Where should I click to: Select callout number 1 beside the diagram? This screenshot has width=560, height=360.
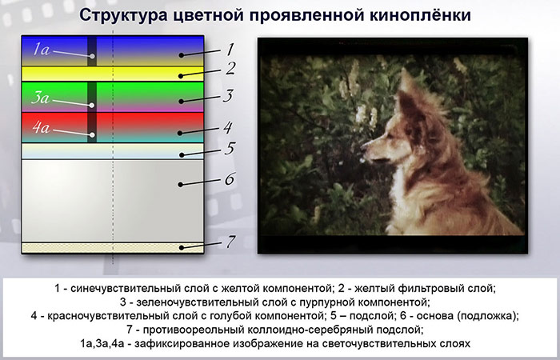(230, 50)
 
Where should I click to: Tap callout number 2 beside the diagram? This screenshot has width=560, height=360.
(230, 68)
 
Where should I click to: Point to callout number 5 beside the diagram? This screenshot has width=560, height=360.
(230, 149)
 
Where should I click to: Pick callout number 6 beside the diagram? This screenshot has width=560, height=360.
(230, 179)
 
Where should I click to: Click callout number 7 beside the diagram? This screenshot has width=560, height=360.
(230, 242)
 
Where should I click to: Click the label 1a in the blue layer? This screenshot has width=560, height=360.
(42, 49)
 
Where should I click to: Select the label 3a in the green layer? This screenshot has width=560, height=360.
(40, 98)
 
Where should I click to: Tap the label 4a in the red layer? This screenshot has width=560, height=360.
(41, 127)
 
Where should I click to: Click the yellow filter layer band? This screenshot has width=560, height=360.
(113, 74)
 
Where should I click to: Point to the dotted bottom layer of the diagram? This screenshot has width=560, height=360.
(113, 248)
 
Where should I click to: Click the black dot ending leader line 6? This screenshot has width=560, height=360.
(181, 185)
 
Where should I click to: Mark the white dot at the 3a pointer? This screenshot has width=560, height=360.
(92, 106)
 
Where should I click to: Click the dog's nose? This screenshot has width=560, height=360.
(363, 146)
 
